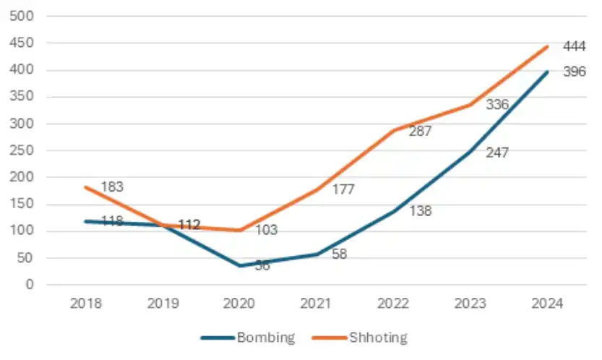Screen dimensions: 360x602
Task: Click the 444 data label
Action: click(x=575, y=47)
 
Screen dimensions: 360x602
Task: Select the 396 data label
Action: click(x=575, y=72)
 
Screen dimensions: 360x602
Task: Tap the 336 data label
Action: click(x=497, y=105)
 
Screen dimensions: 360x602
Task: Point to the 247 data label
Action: click(x=497, y=153)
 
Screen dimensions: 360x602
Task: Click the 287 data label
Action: click(x=420, y=132)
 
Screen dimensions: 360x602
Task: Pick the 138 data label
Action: click(x=420, y=212)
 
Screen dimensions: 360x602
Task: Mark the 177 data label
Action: click(x=343, y=190)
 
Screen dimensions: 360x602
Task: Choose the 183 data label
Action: click(x=112, y=187)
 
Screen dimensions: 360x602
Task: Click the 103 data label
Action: click(x=266, y=231)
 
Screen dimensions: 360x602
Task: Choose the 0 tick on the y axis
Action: click(x=30, y=285)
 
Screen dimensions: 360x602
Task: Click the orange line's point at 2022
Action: click(x=394, y=131)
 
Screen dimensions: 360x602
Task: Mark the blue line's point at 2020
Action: click(x=240, y=265)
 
